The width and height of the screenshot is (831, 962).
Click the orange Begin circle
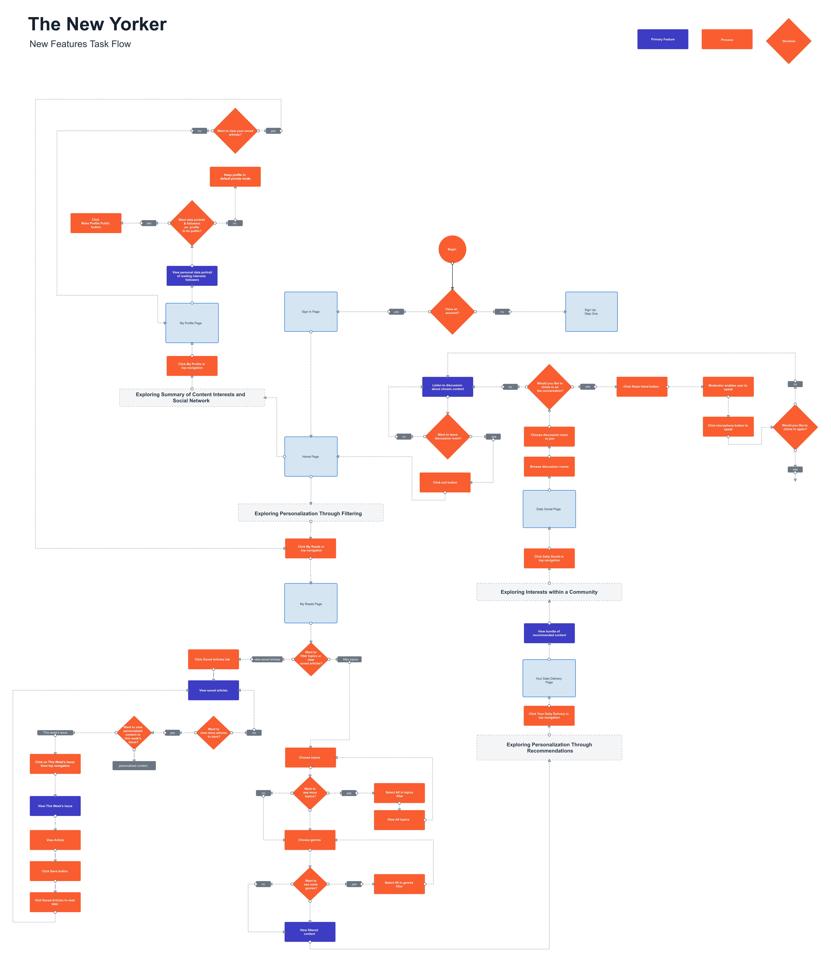point(452,249)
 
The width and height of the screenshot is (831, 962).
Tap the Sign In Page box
point(311,312)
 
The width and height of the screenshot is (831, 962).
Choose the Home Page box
point(311,456)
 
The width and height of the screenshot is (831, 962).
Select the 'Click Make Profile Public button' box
point(96,223)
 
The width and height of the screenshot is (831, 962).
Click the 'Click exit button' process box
point(445,482)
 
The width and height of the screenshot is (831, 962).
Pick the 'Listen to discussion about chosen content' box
point(447,387)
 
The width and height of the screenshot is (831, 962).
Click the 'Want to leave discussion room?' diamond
point(448,436)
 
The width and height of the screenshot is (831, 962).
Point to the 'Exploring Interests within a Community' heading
point(549,592)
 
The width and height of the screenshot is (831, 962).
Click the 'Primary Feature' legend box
point(662,39)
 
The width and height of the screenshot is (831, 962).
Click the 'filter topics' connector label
point(350,659)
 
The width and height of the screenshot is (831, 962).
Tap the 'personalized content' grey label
point(134,766)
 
